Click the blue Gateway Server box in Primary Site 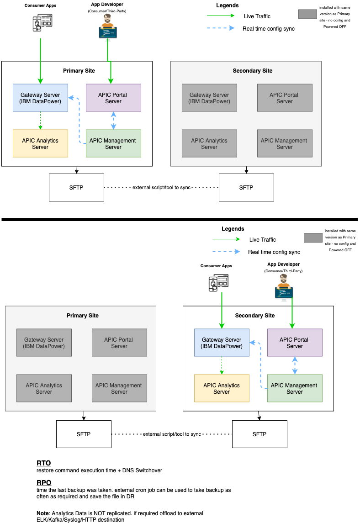pyautogui.click(x=40, y=98)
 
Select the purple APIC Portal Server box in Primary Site pyautogui.click(x=113, y=98)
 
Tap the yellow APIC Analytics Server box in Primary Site pyautogui.click(x=40, y=143)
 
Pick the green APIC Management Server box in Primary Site pyautogui.click(x=113, y=143)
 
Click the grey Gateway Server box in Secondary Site pyautogui.click(x=209, y=98)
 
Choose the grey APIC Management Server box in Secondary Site pyautogui.click(x=284, y=143)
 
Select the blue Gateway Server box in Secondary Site pyautogui.click(x=222, y=343)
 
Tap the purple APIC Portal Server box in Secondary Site pyautogui.click(x=295, y=343)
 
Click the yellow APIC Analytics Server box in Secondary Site pyautogui.click(x=222, y=388)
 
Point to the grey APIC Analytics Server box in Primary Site pyautogui.click(x=44, y=388)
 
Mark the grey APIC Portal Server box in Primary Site pyautogui.click(x=119, y=343)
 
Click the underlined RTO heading pyautogui.click(x=43, y=463)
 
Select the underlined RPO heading pyautogui.click(x=44, y=483)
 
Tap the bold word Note pyautogui.click(x=44, y=513)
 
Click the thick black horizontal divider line pyautogui.click(x=180, y=220)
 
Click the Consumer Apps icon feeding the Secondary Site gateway pyautogui.click(x=218, y=283)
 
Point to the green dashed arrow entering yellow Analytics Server pyautogui.click(x=40, y=121)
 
